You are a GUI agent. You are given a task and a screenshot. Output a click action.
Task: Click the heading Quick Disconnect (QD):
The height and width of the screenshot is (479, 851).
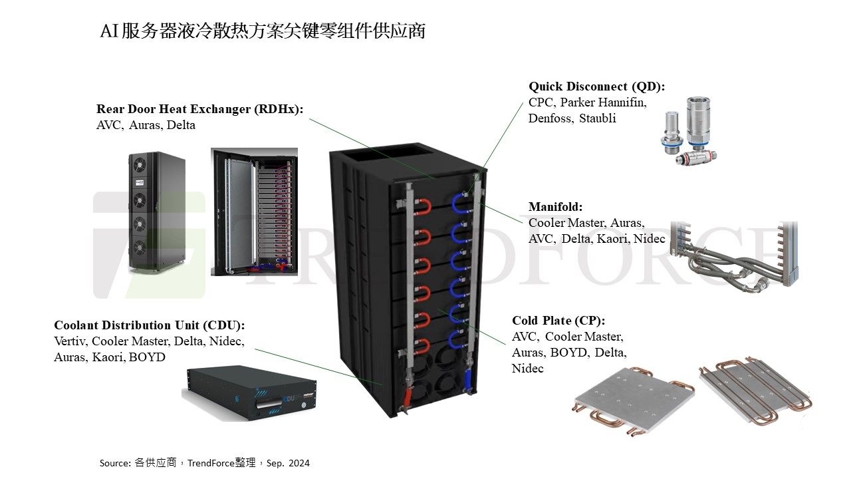(x=596, y=86)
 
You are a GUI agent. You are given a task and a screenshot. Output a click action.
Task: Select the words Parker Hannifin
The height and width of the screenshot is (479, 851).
(x=603, y=102)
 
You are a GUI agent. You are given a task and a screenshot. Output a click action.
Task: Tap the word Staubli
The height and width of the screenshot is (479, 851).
(x=597, y=118)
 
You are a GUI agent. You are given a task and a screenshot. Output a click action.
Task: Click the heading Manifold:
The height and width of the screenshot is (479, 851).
(x=555, y=207)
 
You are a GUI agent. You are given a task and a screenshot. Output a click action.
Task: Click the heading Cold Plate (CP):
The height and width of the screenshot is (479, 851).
(x=558, y=321)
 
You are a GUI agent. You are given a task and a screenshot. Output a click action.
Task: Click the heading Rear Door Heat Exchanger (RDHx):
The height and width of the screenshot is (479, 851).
(x=200, y=109)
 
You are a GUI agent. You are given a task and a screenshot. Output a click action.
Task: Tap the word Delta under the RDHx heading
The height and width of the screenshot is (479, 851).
(x=181, y=125)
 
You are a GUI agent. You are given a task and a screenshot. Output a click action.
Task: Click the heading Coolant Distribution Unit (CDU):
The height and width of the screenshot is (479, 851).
(x=150, y=325)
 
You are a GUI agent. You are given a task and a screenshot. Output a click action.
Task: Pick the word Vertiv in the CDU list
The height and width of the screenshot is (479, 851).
(x=70, y=341)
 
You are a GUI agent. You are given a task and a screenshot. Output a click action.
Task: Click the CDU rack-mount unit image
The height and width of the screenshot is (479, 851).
(x=249, y=393)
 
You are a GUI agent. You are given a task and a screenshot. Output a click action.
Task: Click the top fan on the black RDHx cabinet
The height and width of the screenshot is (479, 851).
(x=139, y=164)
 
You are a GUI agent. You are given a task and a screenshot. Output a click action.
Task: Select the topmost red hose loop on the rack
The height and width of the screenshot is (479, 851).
(x=422, y=207)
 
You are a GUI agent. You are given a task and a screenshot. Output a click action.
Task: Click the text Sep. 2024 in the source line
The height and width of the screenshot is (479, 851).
(x=288, y=464)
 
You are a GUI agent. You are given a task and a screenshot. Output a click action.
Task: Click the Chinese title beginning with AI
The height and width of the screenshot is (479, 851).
(x=263, y=31)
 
